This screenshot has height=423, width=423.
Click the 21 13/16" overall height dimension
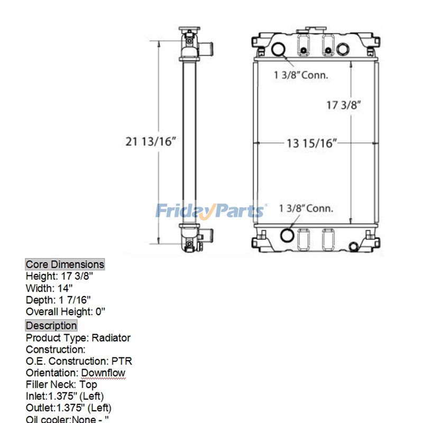151,142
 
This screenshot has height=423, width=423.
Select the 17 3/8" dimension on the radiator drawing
343,105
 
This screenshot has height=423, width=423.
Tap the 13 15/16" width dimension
311,143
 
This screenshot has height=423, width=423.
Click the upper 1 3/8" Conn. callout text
301,75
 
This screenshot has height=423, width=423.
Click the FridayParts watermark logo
210,210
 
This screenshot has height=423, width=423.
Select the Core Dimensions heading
65,264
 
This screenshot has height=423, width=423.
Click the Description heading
51,326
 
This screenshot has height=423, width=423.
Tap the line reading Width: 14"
49,288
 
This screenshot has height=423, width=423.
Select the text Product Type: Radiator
78,338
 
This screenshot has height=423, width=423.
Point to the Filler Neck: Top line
61,384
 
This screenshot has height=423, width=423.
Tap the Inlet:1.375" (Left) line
65,396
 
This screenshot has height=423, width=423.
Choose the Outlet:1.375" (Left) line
68,408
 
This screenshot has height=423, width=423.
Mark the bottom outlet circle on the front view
287,235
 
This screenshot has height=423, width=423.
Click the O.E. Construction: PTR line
79,361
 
